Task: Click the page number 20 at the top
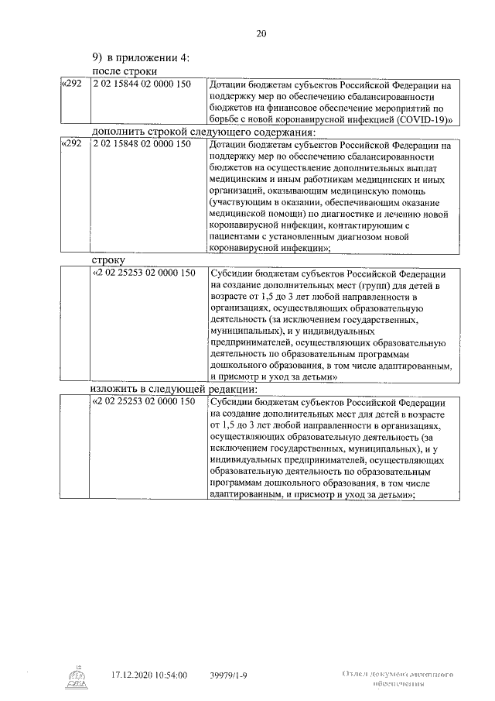point(261,33)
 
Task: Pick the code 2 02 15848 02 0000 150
point(141,144)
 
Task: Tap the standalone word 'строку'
point(108,261)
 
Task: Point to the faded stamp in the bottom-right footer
point(397,679)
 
